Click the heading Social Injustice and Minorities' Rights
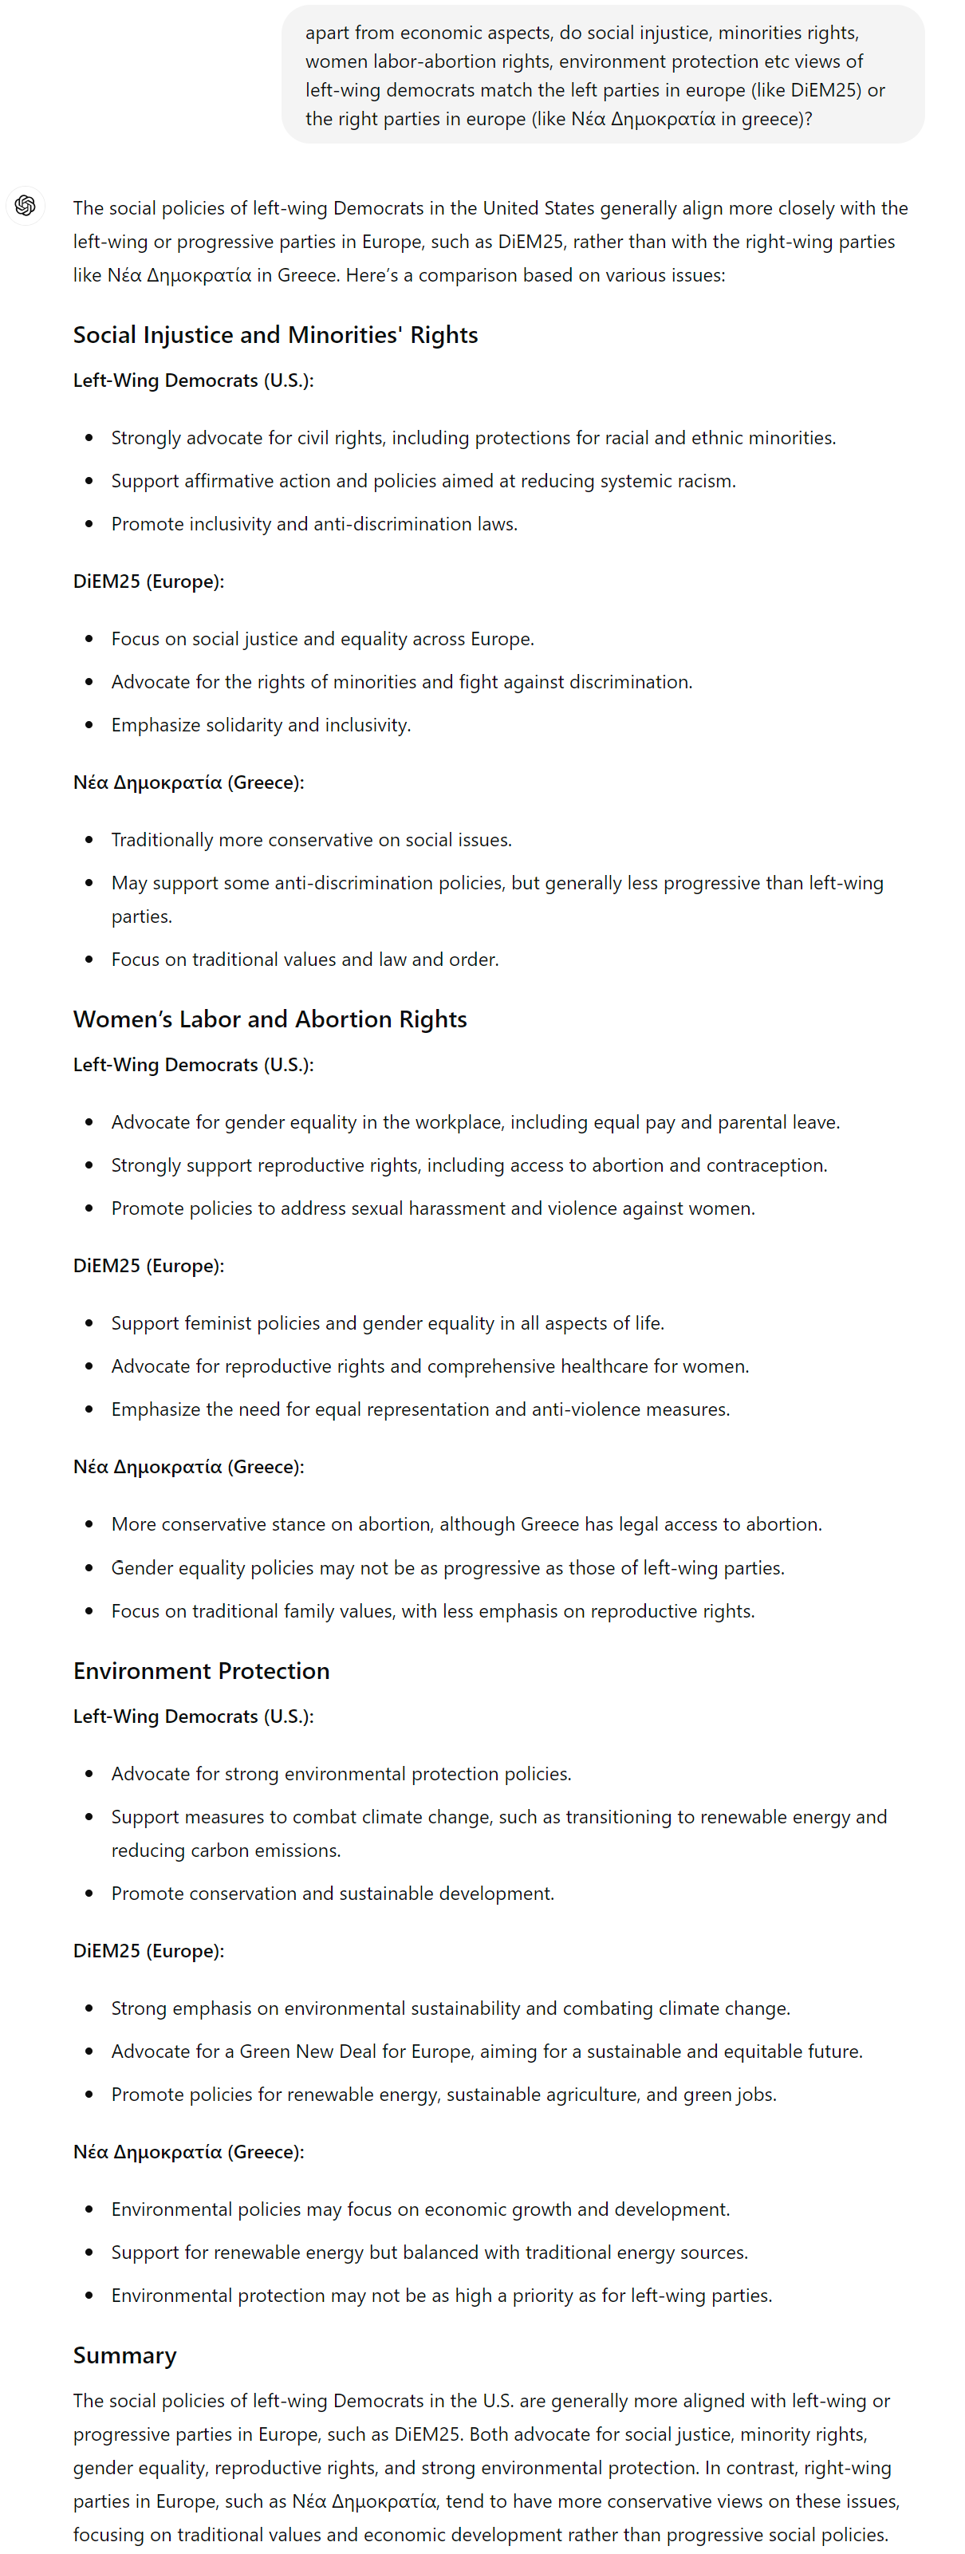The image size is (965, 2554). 274,335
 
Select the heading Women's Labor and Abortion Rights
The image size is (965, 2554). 270,1019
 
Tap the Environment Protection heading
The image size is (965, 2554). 201,1670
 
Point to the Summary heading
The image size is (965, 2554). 125,2355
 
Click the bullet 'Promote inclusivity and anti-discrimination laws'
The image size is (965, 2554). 313,523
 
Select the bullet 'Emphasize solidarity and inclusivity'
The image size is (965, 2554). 260,725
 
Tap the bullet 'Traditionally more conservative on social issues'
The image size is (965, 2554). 310,840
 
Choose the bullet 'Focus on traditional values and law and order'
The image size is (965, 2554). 305,959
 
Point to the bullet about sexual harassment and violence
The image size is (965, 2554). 432,1208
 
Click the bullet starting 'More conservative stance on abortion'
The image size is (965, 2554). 466,1524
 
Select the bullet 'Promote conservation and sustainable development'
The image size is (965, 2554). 333,1893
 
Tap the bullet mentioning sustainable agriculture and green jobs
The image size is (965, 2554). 443,2094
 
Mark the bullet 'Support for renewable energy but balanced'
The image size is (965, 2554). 429,2252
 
